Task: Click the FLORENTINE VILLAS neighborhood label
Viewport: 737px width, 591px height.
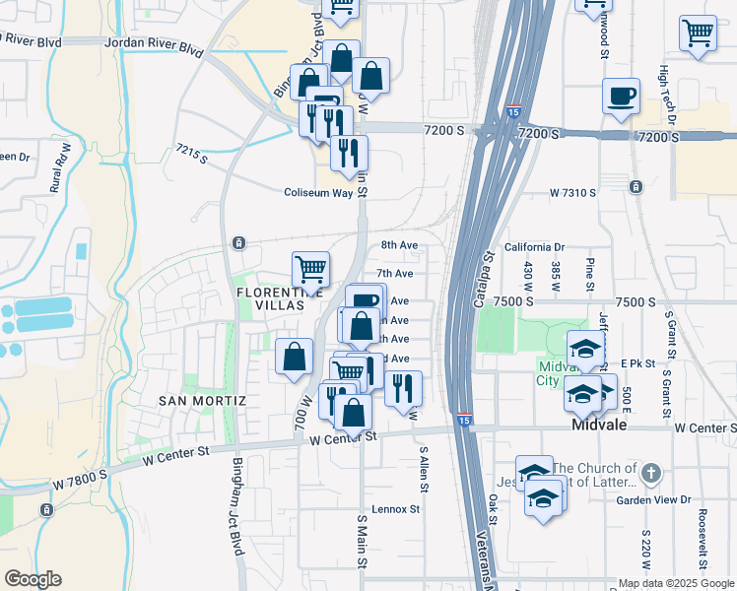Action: [x=280, y=300]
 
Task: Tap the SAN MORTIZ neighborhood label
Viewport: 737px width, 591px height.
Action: [x=201, y=401]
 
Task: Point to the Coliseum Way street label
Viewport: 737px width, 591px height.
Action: [x=318, y=193]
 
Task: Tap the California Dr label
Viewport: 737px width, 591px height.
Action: [x=533, y=247]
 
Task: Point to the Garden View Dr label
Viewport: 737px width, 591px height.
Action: [x=652, y=500]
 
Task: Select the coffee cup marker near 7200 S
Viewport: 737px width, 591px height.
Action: [x=621, y=97]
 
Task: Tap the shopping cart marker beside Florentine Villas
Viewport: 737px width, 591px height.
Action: [x=310, y=268]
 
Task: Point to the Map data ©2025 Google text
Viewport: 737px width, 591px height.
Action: [x=676, y=583]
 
